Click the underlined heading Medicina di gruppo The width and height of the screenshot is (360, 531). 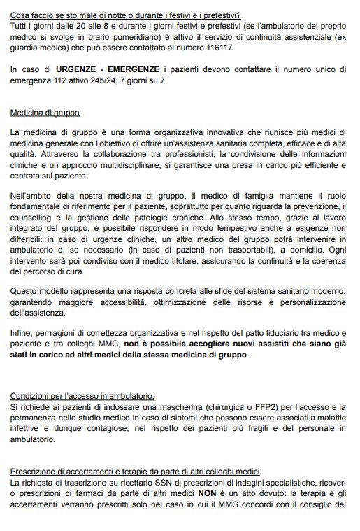[45, 112]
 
